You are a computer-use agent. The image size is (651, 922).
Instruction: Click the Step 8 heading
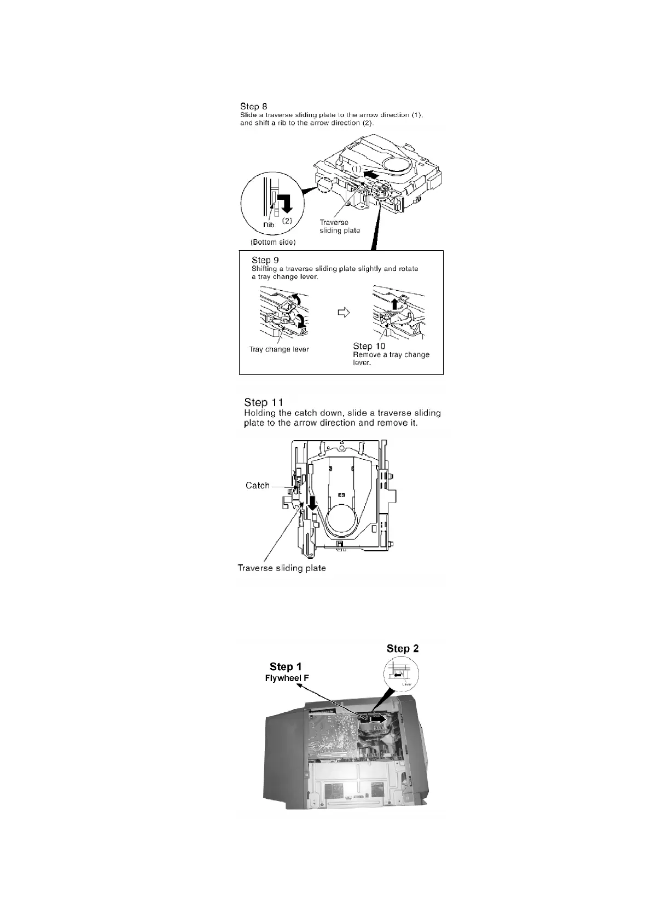[x=254, y=106]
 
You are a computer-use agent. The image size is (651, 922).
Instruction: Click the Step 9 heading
[x=265, y=260]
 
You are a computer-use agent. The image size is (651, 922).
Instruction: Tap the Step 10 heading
[x=369, y=346]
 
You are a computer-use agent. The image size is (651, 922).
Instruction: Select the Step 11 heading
[x=264, y=402]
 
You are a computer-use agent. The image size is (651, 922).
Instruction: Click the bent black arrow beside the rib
[x=284, y=204]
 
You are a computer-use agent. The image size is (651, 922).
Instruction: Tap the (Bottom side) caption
[x=273, y=242]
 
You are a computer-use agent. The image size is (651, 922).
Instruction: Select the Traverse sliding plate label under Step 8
[x=340, y=227]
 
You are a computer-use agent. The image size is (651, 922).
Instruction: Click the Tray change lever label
[x=279, y=349]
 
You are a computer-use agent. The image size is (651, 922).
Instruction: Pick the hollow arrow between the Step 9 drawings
[x=343, y=312]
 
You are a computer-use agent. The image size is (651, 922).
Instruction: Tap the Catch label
[x=258, y=486]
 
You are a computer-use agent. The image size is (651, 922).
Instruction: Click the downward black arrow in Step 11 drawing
[x=313, y=503]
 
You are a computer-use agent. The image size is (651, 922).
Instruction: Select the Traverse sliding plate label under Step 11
[x=282, y=568]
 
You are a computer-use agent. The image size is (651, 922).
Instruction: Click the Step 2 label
[x=403, y=648]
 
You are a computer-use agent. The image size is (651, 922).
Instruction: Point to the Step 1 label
[x=285, y=666]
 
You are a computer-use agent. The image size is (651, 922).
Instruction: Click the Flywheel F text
[x=287, y=678]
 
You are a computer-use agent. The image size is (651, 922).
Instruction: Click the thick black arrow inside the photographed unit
[x=376, y=718]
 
